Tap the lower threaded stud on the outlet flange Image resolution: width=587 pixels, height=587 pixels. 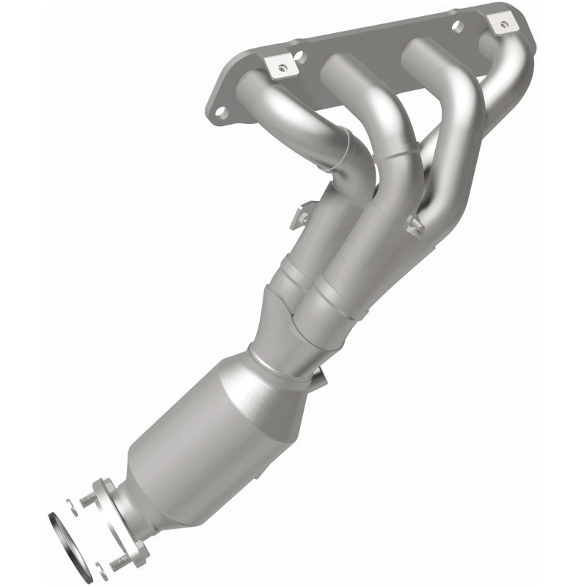click(x=120, y=562)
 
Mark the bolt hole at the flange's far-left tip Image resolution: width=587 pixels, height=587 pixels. click(x=218, y=112)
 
